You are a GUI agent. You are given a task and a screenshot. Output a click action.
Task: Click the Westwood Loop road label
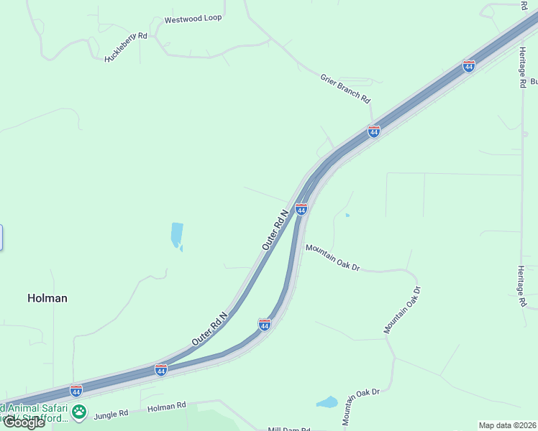(x=193, y=19)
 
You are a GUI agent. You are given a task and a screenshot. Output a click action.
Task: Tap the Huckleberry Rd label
(x=126, y=47)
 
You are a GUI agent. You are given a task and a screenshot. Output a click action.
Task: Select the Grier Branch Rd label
(x=345, y=88)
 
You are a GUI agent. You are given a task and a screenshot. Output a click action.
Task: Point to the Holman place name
(x=47, y=298)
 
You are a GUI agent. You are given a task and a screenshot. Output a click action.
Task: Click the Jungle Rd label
(x=110, y=414)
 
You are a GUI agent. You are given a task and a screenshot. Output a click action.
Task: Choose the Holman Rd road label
(x=166, y=407)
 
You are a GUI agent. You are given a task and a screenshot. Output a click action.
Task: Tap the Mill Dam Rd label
(x=288, y=429)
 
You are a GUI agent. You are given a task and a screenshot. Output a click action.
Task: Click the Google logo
(x=24, y=422)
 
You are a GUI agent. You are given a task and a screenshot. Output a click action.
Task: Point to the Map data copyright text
(x=507, y=425)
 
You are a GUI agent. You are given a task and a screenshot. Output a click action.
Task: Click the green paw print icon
(x=79, y=413)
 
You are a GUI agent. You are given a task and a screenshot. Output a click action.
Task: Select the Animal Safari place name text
(x=32, y=407)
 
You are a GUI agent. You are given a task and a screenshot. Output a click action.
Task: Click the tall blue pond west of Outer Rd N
(x=176, y=236)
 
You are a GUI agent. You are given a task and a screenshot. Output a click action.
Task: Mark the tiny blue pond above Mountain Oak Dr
(x=347, y=215)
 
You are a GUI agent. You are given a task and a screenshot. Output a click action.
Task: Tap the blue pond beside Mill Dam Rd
(x=327, y=402)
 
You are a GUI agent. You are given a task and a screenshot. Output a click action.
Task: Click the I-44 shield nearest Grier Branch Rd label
(x=373, y=131)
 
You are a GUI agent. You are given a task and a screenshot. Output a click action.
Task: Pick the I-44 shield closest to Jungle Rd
(x=76, y=391)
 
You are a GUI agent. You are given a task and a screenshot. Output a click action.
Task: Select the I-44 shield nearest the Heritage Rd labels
(x=469, y=66)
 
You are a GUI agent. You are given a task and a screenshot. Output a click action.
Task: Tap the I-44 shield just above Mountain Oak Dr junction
(x=301, y=209)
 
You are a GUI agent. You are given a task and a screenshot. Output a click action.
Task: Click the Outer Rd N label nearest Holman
(x=209, y=328)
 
